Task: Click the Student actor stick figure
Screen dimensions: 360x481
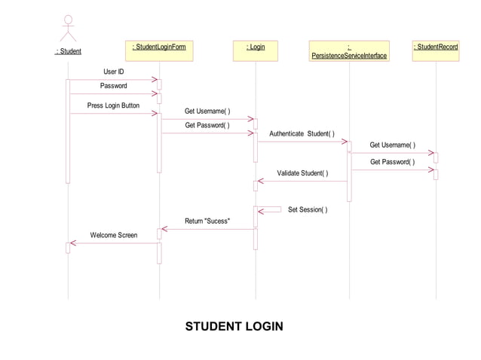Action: (x=69, y=28)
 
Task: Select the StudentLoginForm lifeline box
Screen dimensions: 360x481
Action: (x=159, y=50)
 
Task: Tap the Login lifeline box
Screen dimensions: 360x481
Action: (x=256, y=50)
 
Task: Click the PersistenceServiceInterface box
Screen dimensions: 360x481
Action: (x=349, y=50)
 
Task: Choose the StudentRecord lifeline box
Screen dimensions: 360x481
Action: (x=436, y=50)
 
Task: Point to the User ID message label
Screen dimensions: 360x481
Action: (x=113, y=72)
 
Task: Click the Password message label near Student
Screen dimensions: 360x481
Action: (x=113, y=86)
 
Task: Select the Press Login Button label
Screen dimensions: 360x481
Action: (x=113, y=105)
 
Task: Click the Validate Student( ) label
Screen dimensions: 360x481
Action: (x=302, y=173)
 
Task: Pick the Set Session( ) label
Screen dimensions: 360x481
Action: (x=308, y=209)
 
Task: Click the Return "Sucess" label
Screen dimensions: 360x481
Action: (x=207, y=221)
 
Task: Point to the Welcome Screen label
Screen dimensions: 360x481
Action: (x=114, y=235)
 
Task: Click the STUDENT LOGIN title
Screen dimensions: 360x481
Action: (x=234, y=326)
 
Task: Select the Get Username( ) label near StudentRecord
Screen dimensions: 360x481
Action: (x=392, y=145)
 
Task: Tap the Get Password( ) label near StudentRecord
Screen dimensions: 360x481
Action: (x=392, y=162)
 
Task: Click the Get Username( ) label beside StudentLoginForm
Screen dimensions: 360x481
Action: (x=207, y=111)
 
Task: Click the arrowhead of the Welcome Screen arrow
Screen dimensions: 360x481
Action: (x=71, y=243)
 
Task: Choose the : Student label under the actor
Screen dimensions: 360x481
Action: (x=69, y=51)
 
